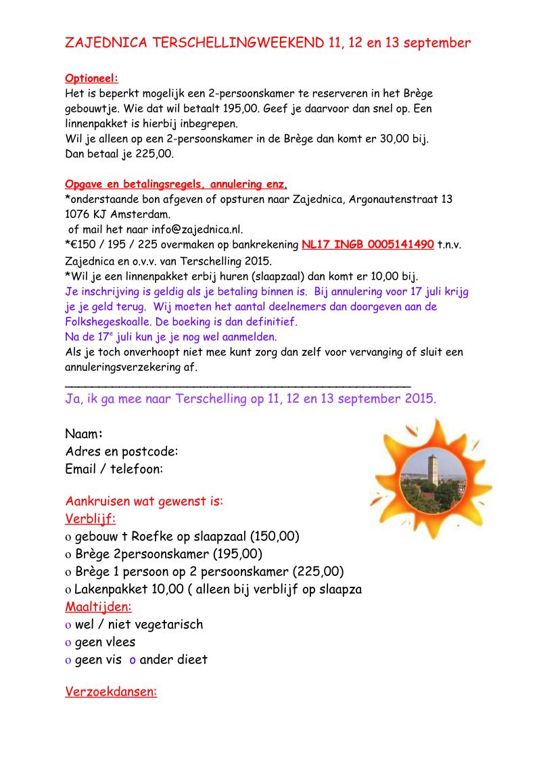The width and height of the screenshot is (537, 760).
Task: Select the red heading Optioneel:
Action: [91, 79]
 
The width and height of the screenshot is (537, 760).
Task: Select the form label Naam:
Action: [84, 434]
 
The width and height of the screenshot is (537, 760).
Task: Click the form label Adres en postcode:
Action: [122, 451]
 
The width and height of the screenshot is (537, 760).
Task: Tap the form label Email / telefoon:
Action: [114, 468]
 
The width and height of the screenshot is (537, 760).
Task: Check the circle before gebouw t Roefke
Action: [68, 537]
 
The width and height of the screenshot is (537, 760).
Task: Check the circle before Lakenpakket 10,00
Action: [68, 590]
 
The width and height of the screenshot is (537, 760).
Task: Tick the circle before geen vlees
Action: [68, 643]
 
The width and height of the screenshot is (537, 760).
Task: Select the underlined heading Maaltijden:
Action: [98, 606]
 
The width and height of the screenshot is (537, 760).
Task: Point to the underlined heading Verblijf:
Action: [90, 519]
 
